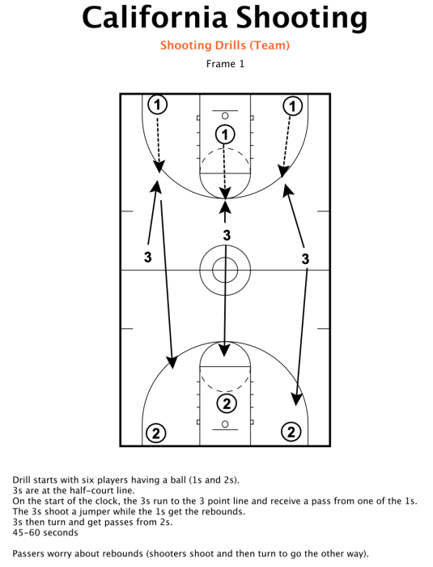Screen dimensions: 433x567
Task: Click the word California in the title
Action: [x=155, y=18]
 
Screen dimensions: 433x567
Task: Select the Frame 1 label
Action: [x=225, y=64]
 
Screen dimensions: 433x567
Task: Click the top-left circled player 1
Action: [x=158, y=104]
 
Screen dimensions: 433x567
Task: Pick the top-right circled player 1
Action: [x=292, y=106]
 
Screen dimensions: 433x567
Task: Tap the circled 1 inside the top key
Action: [x=225, y=134]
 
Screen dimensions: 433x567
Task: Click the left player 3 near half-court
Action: [x=148, y=257]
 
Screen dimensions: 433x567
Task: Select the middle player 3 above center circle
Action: [x=227, y=236]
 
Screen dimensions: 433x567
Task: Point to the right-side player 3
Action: [x=305, y=259]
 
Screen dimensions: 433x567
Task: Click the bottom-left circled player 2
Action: [x=156, y=433]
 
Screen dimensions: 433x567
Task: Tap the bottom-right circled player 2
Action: [x=291, y=432]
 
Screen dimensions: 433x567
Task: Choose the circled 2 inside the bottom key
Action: [x=227, y=403]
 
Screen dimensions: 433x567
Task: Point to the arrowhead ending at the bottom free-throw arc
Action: [x=224, y=350]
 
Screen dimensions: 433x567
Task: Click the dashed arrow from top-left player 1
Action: [x=158, y=143]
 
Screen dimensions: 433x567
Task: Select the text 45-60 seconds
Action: [x=45, y=533]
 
